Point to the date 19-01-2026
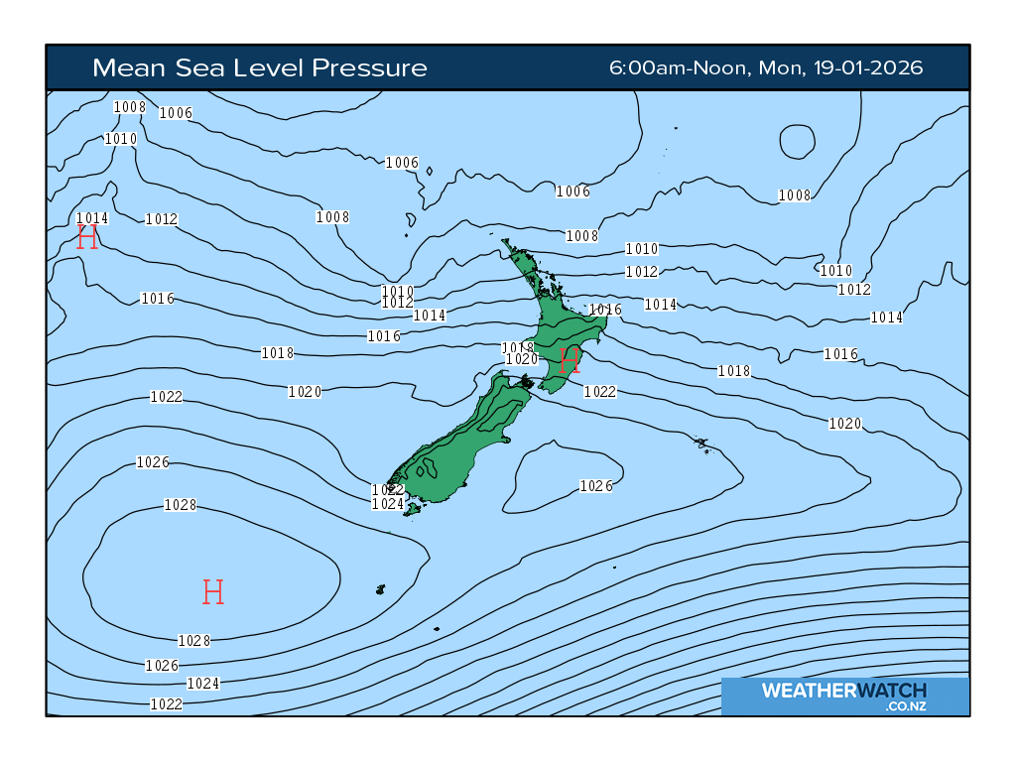pyautogui.click(x=874, y=68)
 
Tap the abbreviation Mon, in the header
pyautogui.click(x=783, y=68)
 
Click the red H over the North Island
pyautogui.click(x=569, y=361)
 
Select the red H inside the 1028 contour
pyautogui.click(x=212, y=592)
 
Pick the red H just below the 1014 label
pyautogui.click(x=87, y=237)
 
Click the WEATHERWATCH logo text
pyautogui.click(x=843, y=691)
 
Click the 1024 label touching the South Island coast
pyautogui.click(x=387, y=504)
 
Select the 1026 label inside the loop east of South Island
pyautogui.click(x=596, y=486)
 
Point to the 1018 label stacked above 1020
pyautogui.click(x=519, y=347)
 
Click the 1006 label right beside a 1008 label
pyautogui.click(x=176, y=113)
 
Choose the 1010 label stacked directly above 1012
pyautogui.click(x=397, y=291)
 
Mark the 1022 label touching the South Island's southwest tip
pyautogui.click(x=387, y=490)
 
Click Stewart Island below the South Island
pyautogui.click(x=414, y=509)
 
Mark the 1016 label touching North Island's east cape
pyautogui.click(x=605, y=311)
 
